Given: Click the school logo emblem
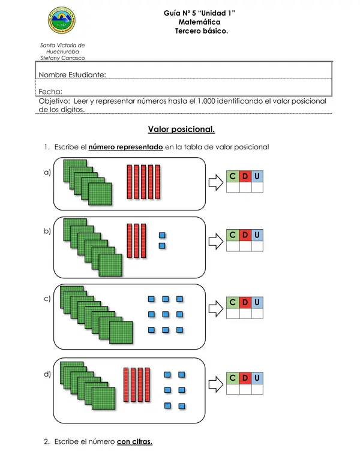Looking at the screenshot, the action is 62,20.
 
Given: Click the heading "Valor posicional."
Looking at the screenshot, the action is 181,130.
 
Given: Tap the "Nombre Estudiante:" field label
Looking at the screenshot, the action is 72,74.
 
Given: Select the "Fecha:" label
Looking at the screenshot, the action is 50,92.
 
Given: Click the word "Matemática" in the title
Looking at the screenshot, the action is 199,22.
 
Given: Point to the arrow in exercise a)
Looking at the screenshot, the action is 216,182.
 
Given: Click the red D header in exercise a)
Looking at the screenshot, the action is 245,176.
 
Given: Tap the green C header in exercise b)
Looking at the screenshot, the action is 232,235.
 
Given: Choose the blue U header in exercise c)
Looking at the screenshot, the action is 257,302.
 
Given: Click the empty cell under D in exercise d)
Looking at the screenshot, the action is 245,389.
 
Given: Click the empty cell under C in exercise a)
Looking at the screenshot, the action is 232,187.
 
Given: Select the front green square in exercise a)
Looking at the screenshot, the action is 100,194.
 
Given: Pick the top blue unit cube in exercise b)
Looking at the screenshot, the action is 162,235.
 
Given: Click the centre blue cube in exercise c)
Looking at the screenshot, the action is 166,314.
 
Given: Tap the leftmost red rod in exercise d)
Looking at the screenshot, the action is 126,384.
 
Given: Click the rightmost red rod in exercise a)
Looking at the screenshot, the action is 158,182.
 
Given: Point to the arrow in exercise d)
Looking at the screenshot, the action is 216,384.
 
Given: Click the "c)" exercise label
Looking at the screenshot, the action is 47,299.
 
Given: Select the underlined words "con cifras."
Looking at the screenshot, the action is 134,441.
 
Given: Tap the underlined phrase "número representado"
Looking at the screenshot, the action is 126,147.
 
